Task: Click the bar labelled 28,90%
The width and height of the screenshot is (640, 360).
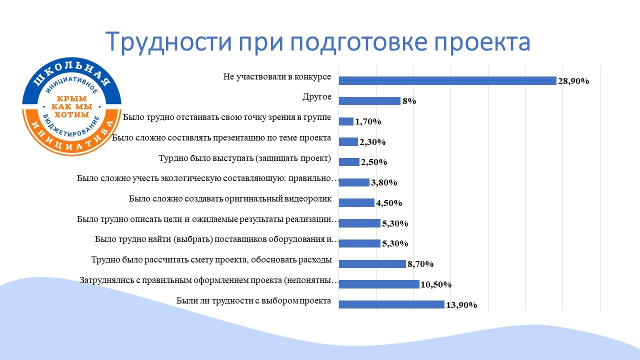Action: (x=447, y=80)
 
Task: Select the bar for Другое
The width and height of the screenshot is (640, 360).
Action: (x=369, y=101)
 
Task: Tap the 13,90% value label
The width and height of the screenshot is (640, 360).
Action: (x=460, y=305)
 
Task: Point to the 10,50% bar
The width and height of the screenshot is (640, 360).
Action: (x=379, y=284)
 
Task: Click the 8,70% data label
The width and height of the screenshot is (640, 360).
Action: (x=420, y=264)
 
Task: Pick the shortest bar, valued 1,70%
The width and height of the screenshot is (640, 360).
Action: (x=346, y=121)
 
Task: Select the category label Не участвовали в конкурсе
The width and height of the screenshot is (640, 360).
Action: (x=277, y=77)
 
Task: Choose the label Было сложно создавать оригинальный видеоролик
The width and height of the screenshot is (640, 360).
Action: (x=230, y=199)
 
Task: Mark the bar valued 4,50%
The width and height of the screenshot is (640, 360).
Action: (x=356, y=202)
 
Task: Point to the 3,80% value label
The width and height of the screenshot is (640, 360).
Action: (x=384, y=183)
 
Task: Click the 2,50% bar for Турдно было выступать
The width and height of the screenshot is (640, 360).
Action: (x=349, y=162)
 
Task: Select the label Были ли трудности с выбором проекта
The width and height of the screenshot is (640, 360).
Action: (x=254, y=301)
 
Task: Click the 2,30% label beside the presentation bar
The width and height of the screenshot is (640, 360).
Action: (x=372, y=142)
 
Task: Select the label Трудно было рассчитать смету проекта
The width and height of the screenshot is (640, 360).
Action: (x=211, y=260)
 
